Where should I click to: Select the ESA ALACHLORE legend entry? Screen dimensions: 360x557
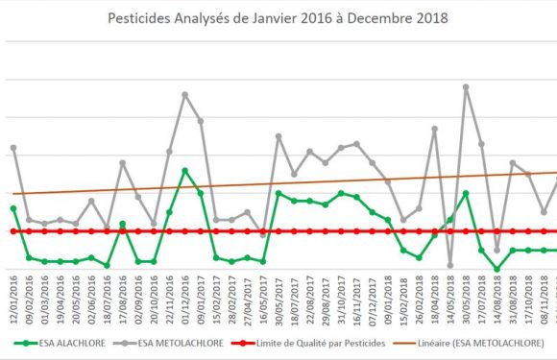68,342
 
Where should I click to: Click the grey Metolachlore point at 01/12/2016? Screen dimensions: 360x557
184,94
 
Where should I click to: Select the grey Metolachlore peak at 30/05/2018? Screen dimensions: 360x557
466,86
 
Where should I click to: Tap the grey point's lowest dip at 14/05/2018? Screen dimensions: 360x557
450,266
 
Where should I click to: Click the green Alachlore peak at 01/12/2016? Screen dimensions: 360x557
184,171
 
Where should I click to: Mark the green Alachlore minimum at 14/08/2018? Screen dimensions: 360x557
496,270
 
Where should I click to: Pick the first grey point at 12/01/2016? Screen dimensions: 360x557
13,148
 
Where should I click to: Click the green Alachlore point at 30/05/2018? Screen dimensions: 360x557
466,193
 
